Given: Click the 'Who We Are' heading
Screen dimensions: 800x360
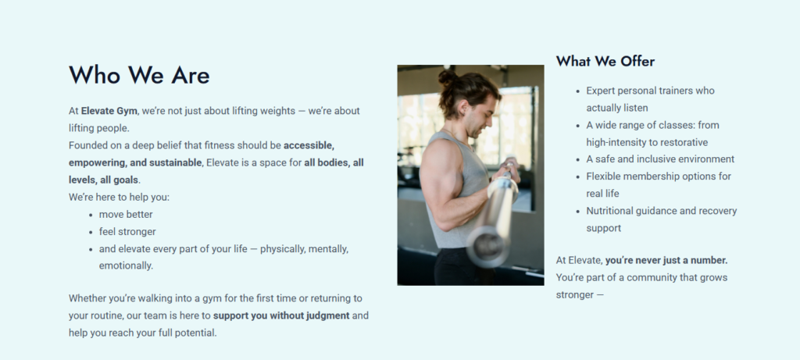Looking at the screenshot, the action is point(139,75).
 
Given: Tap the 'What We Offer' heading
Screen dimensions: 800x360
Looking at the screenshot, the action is point(605,61).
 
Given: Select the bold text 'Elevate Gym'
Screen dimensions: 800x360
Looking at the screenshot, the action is point(109,111).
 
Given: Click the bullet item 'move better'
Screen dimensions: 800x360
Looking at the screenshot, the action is point(126,214).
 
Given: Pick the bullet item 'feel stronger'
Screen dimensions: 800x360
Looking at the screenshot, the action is point(127,231).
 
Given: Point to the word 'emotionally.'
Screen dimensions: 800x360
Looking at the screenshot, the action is point(126,266).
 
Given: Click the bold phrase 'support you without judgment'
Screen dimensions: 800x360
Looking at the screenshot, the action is point(281,315).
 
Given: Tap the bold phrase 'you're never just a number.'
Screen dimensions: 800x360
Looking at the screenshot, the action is point(666,260).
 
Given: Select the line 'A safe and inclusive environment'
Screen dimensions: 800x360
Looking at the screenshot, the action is point(660,159).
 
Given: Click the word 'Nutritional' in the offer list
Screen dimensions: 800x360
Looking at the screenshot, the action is point(610,211).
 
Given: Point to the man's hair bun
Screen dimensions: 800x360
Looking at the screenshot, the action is point(448,77).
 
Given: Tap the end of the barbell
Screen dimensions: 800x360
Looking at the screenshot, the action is point(488,246).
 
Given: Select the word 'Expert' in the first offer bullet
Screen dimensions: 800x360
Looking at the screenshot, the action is point(601,91).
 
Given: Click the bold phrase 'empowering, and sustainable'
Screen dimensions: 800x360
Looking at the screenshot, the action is point(135,162).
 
